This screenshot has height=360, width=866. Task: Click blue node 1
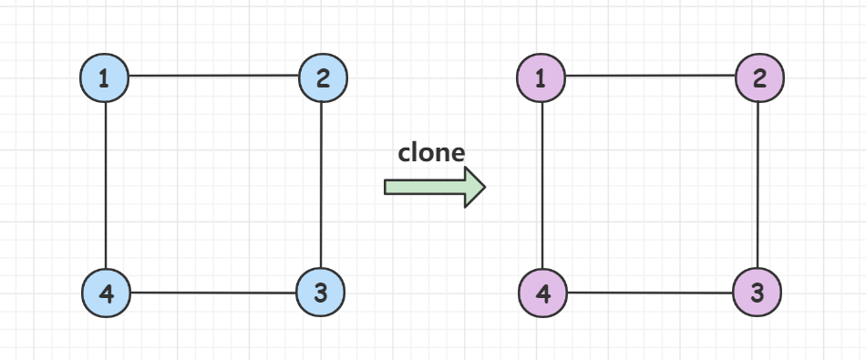[105, 78]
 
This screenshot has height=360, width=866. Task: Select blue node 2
[324, 78]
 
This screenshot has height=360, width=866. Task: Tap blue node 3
[321, 293]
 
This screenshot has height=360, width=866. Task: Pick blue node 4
[106, 293]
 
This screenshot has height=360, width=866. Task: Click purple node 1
[541, 78]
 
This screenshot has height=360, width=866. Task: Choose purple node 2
[759, 78]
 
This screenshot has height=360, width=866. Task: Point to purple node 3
[758, 293]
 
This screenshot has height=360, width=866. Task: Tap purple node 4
[542, 293]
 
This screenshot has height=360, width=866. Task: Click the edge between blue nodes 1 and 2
[214, 76]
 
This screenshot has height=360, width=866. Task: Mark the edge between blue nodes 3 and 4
[213, 293]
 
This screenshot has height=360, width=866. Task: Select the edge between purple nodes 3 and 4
[650, 293]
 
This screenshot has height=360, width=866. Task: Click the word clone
[431, 152]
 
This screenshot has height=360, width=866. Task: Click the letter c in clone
[405, 153]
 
